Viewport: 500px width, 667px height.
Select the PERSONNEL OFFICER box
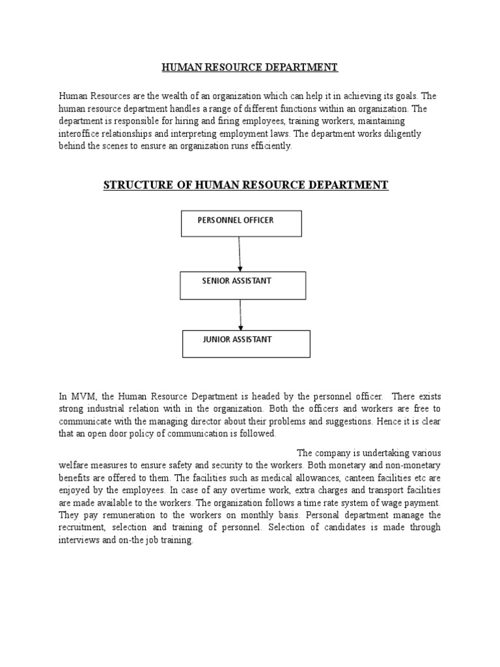coord(241,223)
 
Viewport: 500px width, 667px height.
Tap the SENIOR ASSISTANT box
coord(243,285)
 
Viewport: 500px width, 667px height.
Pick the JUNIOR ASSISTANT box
coord(246,344)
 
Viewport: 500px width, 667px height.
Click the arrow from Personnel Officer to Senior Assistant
coord(240,254)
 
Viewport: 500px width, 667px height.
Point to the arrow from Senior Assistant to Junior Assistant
coord(241,315)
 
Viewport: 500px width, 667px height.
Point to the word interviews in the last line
coord(79,540)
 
